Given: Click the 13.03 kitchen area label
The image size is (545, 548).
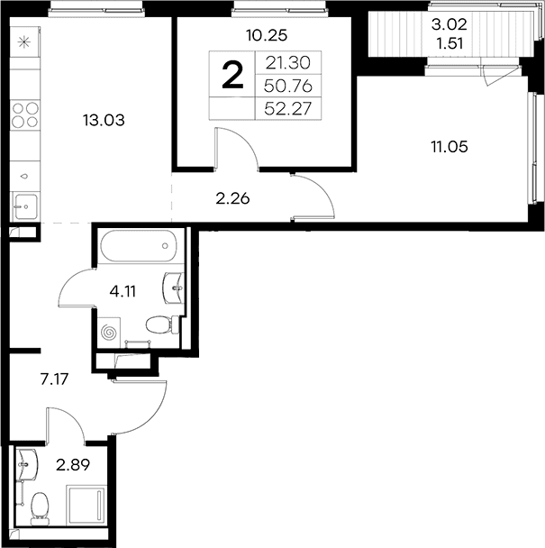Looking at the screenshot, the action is tap(104, 120).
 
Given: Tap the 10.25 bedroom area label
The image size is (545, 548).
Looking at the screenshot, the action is tap(267, 35).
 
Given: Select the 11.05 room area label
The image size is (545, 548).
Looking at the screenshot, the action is tap(450, 146).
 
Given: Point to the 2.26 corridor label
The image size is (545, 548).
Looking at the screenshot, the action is tap(232, 199).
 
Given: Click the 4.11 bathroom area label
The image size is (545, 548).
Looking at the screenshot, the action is tap(123, 291).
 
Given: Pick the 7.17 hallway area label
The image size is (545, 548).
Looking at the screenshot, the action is tap(54, 379).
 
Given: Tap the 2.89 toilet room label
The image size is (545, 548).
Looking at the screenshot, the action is tap(73, 465).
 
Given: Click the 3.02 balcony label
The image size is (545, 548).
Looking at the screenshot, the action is tap(450, 24).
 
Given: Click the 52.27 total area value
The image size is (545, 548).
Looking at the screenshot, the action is tap(288, 108).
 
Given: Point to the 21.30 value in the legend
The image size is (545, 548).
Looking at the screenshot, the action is tap(288, 63).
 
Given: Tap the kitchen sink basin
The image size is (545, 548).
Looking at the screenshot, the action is tap(25, 206).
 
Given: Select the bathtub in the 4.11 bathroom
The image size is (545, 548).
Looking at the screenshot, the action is tap(137, 246).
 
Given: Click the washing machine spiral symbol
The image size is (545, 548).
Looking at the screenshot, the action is tap(108, 333).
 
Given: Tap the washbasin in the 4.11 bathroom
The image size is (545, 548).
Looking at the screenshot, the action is tap(173, 288).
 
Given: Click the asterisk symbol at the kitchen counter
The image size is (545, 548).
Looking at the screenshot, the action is tap(24, 42).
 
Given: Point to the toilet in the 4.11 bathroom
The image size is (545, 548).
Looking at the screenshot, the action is tap(163, 324).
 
